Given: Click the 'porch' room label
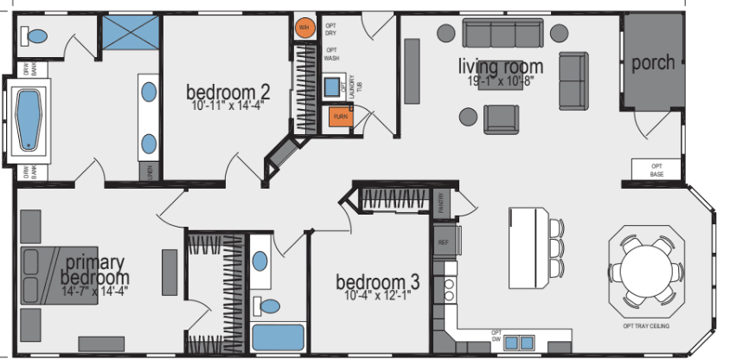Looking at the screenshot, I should click(x=653, y=63).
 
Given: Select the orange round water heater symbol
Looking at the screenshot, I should click(x=303, y=29).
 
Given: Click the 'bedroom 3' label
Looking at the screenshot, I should click(x=378, y=282).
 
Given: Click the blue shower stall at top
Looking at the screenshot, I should click(x=131, y=31).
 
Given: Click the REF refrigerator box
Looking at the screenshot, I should click(x=444, y=242).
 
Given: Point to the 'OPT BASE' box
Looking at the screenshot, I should click(x=656, y=170).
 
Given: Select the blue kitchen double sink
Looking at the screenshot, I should click(x=521, y=340).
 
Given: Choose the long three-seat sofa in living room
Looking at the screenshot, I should click(x=503, y=34).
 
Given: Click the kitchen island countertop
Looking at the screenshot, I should click(x=528, y=247).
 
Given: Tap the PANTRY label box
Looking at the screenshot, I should click(x=442, y=203).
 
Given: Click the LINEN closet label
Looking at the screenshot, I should click(x=150, y=170).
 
